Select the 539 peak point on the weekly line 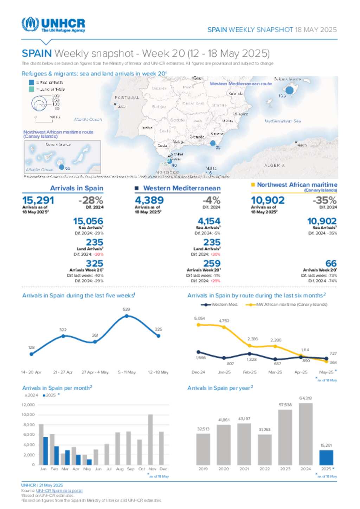click(127, 316)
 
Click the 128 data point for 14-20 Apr click(32, 354)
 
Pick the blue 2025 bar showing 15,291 click(326, 457)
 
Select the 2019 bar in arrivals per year click(203, 449)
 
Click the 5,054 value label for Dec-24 click(199, 318)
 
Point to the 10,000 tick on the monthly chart click(28, 415)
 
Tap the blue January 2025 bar click(45, 451)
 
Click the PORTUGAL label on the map click(127, 98)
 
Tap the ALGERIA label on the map click(274, 165)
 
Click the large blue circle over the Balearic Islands click(289, 90)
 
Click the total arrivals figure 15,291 click(38, 200)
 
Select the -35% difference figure click(324, 200)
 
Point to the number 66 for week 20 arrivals click(331, 263)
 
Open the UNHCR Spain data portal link click(59, 491)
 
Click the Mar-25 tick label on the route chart click(275, 372)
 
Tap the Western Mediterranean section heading click(182, 188)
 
